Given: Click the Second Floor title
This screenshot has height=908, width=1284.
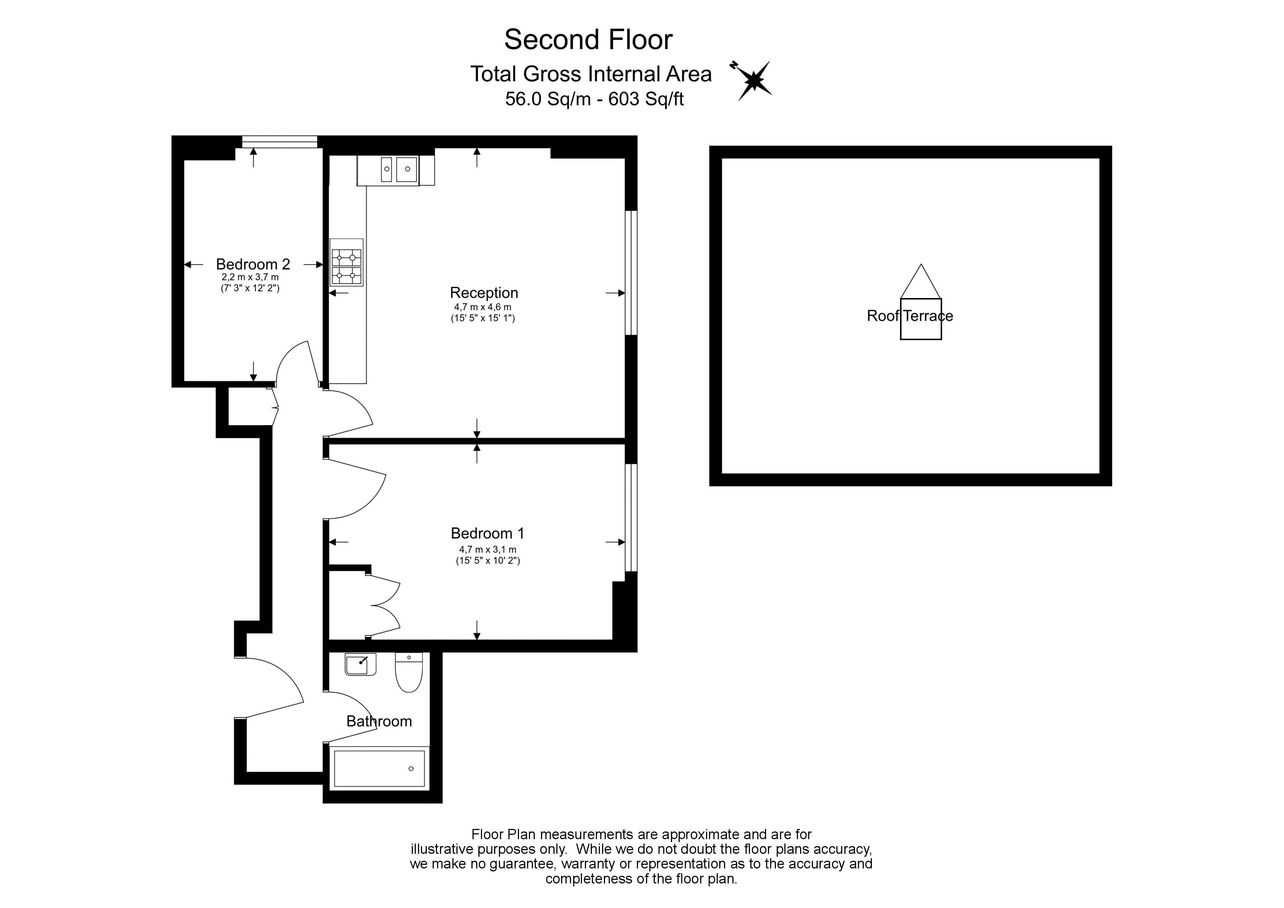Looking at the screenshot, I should (x=588, y=40).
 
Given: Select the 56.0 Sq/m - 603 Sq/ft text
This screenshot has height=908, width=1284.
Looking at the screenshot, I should (x=594, y=99).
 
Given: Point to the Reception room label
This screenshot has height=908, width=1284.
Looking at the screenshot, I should (x=484, y=293).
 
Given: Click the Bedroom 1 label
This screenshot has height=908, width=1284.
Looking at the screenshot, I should (x=487, y=533).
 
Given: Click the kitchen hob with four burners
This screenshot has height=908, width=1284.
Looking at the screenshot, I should (x=346, y=266).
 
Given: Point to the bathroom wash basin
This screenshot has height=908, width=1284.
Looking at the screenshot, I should (x=360, y=664).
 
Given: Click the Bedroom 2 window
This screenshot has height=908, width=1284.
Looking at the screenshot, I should (x=280, y=142).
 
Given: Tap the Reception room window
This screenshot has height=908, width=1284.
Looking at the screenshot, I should (x=631, y=272).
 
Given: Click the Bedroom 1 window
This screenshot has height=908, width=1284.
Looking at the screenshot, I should (x=631, y=517).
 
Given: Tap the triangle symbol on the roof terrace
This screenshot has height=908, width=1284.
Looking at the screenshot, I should (x=921, y=283).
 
